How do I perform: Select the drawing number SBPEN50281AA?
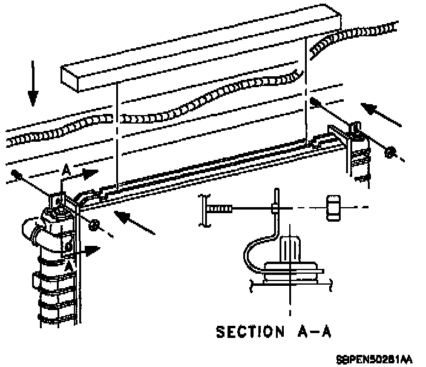375,359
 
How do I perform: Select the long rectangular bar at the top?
200,51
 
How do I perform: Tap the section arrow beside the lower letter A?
90,248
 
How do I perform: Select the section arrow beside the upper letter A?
86,173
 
